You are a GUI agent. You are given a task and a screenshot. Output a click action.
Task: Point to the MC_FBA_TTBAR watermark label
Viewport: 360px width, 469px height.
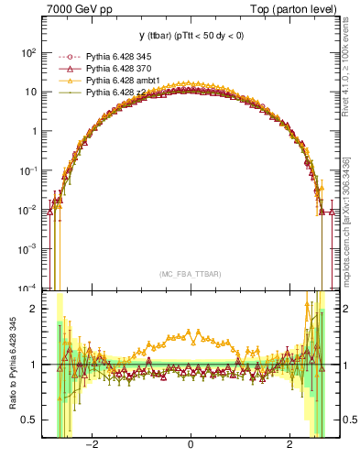190,274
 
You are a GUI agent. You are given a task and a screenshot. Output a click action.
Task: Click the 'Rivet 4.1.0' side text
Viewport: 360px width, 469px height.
345,64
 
